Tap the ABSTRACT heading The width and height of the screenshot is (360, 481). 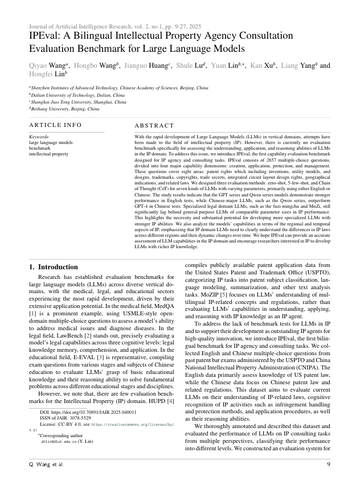(x=154, y=125)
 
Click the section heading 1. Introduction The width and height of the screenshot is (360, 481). (x=54, y=267)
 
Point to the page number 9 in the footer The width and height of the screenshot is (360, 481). (x=329, y=464)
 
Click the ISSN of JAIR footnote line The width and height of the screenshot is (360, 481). (x=66, y=417)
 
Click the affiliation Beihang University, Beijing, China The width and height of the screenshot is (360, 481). (x=59, y=109)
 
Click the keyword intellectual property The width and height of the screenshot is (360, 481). (x=48, y=154)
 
